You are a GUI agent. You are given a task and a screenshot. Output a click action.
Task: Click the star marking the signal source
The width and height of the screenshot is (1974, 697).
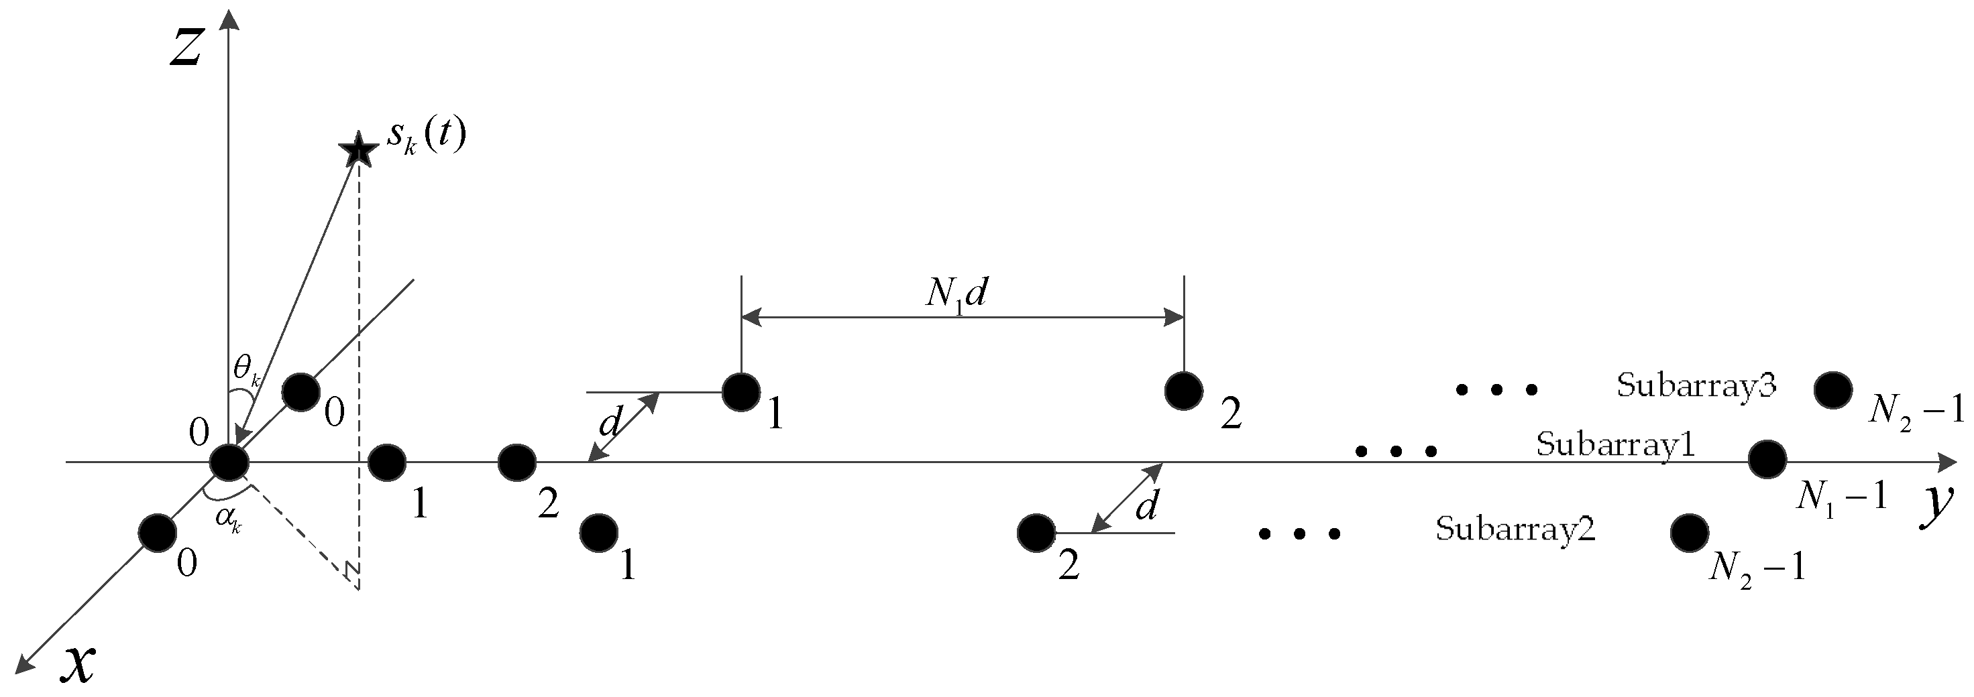(358, 150)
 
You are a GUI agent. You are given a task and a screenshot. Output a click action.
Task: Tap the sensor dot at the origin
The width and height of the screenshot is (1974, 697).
(229, 462)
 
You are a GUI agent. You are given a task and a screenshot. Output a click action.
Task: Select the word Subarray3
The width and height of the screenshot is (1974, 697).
(1695, 385)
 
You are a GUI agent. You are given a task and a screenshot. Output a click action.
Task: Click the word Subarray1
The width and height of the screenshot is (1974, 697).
(1615, 445)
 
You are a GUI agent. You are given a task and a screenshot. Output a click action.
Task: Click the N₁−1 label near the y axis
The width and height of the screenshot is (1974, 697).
(1841, 499)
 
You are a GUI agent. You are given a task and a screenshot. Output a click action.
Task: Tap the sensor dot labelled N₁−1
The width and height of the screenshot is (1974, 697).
(1767, 460)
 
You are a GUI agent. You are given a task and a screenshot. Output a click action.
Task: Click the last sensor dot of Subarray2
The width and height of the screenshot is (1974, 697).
(1690, 533)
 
